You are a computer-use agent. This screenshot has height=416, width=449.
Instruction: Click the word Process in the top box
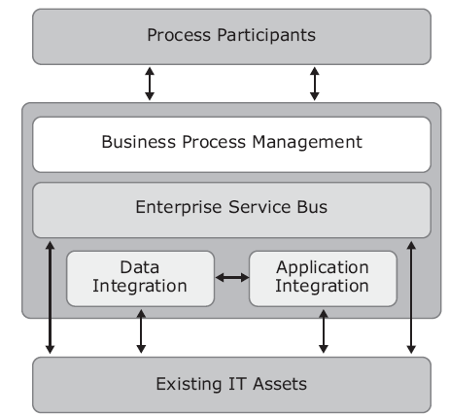pos(179,35)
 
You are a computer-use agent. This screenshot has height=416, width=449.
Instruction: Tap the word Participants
pos(266,35)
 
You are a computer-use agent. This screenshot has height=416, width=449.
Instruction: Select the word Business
pos(138,142)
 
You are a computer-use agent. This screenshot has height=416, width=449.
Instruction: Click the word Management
pos(307,143)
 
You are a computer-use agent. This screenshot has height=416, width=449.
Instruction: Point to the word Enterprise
pos(179,207)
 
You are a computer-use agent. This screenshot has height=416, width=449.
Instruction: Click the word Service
pos(259,207)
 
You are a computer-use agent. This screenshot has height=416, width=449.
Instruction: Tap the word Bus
pos(312,207)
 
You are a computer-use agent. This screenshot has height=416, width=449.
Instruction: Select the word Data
pos(140,267)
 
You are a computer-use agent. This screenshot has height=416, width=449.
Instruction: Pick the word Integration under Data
pos(140,287)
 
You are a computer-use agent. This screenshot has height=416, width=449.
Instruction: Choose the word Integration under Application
pos(322,287)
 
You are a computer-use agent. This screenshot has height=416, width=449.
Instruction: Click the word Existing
pos(189,385)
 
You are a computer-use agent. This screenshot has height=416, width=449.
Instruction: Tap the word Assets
pos(280,384)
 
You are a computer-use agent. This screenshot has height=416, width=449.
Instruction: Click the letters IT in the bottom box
pos(237,384)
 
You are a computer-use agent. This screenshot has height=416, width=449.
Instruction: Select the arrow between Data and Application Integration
pos(232,277)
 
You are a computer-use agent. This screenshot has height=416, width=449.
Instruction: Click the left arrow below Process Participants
pos(150,84)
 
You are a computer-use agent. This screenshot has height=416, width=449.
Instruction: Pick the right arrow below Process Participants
pos(315,84)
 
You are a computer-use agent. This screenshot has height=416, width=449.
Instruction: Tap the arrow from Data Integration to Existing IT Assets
pos(141,331)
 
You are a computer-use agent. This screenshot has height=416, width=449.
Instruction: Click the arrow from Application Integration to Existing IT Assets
pos(324,331)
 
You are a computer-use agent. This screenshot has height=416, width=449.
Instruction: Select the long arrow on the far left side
pos(50,297)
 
